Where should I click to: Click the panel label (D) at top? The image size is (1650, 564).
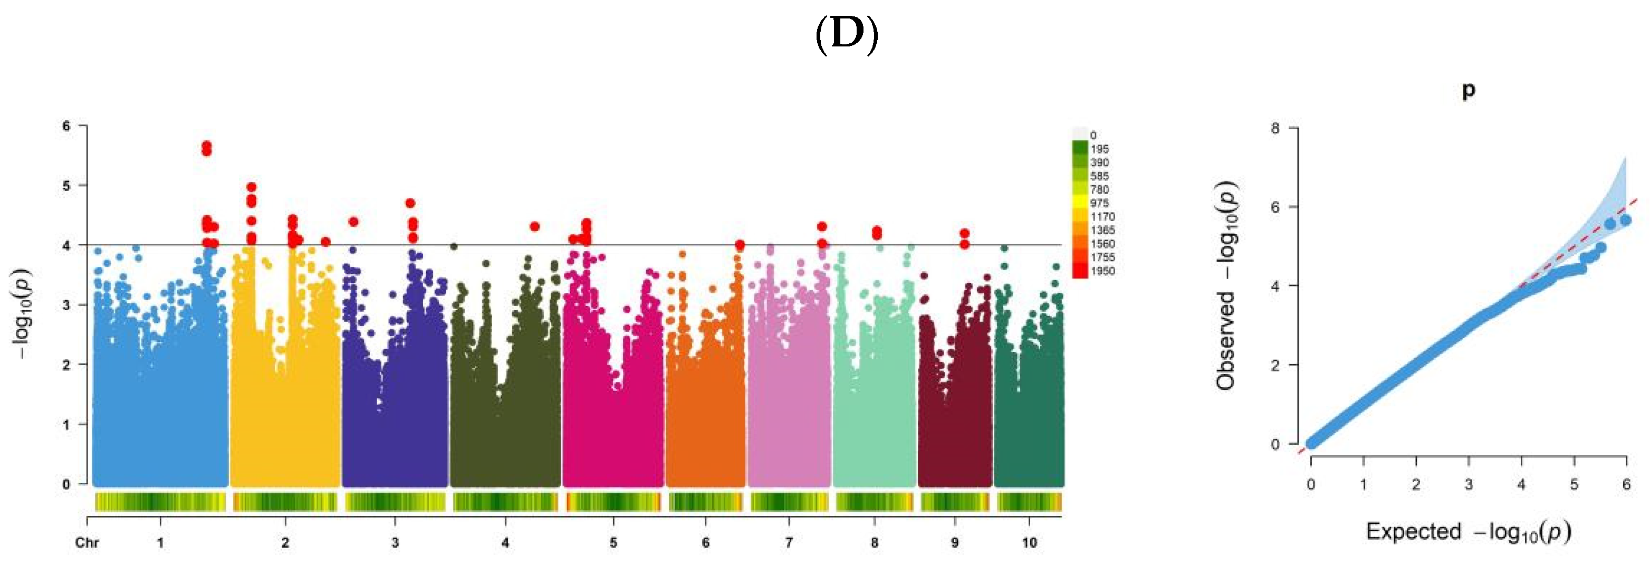846,35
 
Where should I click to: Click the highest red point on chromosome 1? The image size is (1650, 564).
206,146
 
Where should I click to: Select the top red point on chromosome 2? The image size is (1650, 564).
252,187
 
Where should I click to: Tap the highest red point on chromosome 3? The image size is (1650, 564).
410,203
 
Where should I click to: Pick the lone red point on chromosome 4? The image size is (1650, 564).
535,226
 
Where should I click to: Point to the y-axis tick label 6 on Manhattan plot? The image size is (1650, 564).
66,126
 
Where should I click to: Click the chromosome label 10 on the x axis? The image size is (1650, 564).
1029,542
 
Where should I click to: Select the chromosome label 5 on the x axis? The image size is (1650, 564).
613,542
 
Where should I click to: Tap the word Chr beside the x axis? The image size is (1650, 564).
87,542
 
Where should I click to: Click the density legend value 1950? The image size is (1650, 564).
1102,271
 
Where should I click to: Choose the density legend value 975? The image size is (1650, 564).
1099,203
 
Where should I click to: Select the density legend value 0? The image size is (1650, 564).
1093,135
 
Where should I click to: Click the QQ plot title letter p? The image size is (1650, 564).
1468,90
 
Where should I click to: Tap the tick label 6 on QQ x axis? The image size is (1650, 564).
1626,484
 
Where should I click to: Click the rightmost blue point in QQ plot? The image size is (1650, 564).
1626,221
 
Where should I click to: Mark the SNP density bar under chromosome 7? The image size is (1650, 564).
789,501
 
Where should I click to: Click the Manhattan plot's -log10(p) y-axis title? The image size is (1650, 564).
22,313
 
